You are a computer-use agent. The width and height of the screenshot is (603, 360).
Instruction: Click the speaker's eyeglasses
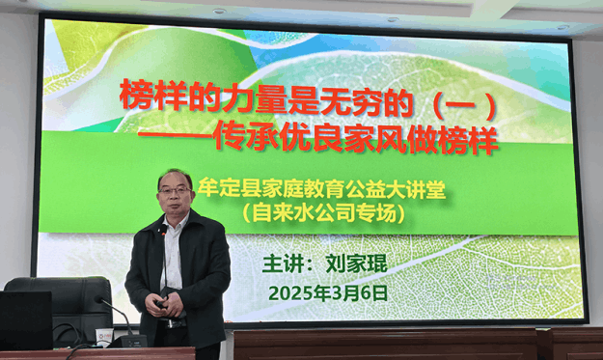pos(176,192)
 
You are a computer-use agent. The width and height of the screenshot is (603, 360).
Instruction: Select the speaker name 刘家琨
pos(356,263)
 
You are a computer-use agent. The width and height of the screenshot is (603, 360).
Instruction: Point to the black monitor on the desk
pos(25,319)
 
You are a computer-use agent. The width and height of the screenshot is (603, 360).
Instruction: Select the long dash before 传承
pos(178,141)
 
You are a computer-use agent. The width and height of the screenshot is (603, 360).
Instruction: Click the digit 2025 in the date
pos(286,291)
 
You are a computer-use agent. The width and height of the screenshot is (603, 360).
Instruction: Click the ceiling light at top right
pos(562,26)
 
